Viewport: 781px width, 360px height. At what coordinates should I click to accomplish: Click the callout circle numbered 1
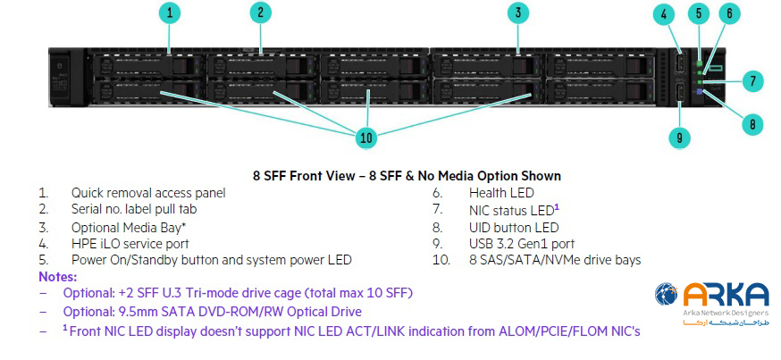coord(171,13)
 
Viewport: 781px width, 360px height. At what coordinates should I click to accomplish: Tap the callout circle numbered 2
coord(260,13)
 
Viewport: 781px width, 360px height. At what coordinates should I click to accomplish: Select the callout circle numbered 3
coord(518,13)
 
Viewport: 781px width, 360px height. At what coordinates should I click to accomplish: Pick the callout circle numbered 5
coord(700,13)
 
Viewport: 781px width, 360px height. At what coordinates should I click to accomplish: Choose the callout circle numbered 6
coord(729,13)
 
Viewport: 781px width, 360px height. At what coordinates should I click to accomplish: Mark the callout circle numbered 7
coord(752,81)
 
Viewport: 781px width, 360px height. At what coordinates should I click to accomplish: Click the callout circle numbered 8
coord(752,124)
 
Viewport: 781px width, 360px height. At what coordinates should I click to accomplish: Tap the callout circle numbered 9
coord(680,138)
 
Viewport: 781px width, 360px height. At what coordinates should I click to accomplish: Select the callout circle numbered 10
coord(365,138)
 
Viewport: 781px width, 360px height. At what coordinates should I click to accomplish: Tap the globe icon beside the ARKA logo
coord(667,296)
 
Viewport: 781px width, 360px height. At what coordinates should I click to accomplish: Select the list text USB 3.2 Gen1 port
coord(521,243)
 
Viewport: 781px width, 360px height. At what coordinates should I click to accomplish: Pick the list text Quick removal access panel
coord(148,192)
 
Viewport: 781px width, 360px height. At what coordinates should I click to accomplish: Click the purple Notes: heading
coord(57,277)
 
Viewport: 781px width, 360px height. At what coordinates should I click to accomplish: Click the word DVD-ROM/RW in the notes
coord(246,312)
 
